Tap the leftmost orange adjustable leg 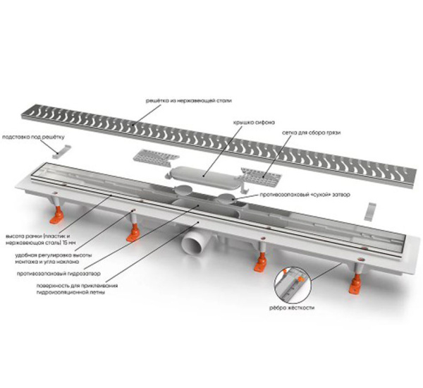click(56, 210)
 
